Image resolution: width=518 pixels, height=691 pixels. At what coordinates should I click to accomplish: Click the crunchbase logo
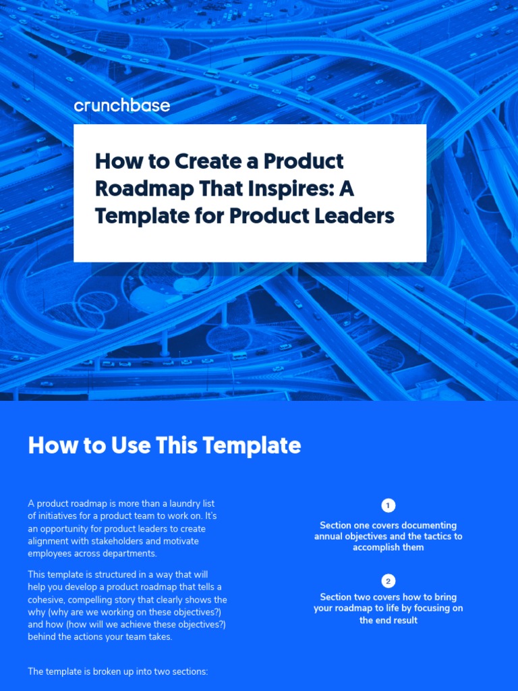(x=121, y=105)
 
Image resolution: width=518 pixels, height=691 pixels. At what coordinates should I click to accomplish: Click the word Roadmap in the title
(x=138, y=189)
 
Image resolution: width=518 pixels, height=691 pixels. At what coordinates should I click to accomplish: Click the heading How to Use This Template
(x=164, y=446)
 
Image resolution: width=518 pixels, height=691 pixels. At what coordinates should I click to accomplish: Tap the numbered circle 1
(x=388, y=505)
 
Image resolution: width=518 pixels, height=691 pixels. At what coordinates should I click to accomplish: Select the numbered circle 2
(x=388, y=581)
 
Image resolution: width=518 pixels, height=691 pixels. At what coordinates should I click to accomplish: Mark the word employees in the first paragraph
(x=49, y=554)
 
